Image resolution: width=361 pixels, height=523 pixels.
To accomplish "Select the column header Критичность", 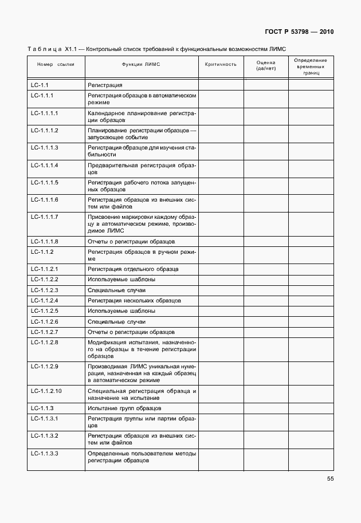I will click(x=221, y=64).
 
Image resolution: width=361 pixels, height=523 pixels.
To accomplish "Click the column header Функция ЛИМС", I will click(x=141, y=64).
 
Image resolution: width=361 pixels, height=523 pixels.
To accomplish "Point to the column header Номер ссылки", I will click(x=56, y=64).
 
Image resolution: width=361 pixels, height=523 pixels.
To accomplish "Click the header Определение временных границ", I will click(x=311, y=66).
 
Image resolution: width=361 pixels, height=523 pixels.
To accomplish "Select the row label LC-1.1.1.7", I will click(x=45, y=217).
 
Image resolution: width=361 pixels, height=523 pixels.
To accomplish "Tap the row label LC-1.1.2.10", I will click(x=46, y=391).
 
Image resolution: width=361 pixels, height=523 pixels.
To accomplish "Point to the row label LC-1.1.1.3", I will click(x=45, y=148).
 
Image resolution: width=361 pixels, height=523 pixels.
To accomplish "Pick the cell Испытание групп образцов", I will click(x=124, y=408).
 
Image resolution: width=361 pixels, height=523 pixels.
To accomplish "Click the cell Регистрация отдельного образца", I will click(x=133, y=269).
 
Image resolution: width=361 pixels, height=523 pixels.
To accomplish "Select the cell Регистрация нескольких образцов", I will click(x=134, y=300).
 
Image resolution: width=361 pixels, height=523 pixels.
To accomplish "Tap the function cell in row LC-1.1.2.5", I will click(x=121, y=311).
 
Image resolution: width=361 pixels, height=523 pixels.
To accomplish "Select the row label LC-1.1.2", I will click(x=42, y=252).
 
